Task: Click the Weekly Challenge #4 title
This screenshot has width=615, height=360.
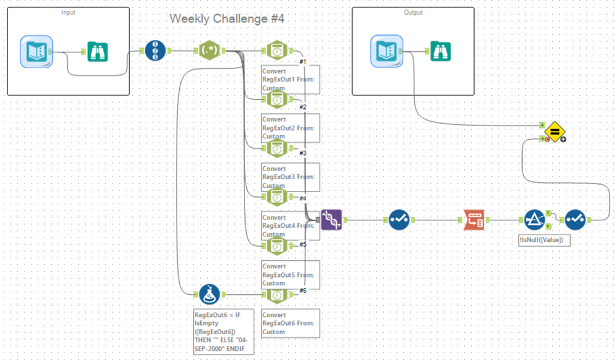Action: tap(227, 18)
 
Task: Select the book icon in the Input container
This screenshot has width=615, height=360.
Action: tap(36, 51)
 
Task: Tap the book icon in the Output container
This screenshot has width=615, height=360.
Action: tap(386, 50)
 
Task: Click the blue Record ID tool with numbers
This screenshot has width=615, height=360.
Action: tap(155, 50)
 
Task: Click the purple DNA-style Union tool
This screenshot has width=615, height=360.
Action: tap(331, 219)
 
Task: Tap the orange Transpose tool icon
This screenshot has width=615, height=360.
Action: tap(473, 219)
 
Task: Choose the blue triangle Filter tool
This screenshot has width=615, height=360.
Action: tap(534, 219)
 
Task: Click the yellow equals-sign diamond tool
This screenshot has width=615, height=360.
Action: tap(554, 131)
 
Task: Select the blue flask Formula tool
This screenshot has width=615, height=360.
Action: tap(210, 294)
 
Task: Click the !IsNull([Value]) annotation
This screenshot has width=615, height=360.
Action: tap(545, 239)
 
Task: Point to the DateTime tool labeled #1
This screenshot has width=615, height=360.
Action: tap(278, 50)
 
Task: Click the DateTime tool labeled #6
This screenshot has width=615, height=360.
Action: tap(278, 295)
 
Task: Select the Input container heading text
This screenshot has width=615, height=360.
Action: tap(69, 12)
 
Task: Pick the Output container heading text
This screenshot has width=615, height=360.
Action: tap(413, 12)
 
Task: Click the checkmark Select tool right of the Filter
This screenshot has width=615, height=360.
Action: tap(575, 219)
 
